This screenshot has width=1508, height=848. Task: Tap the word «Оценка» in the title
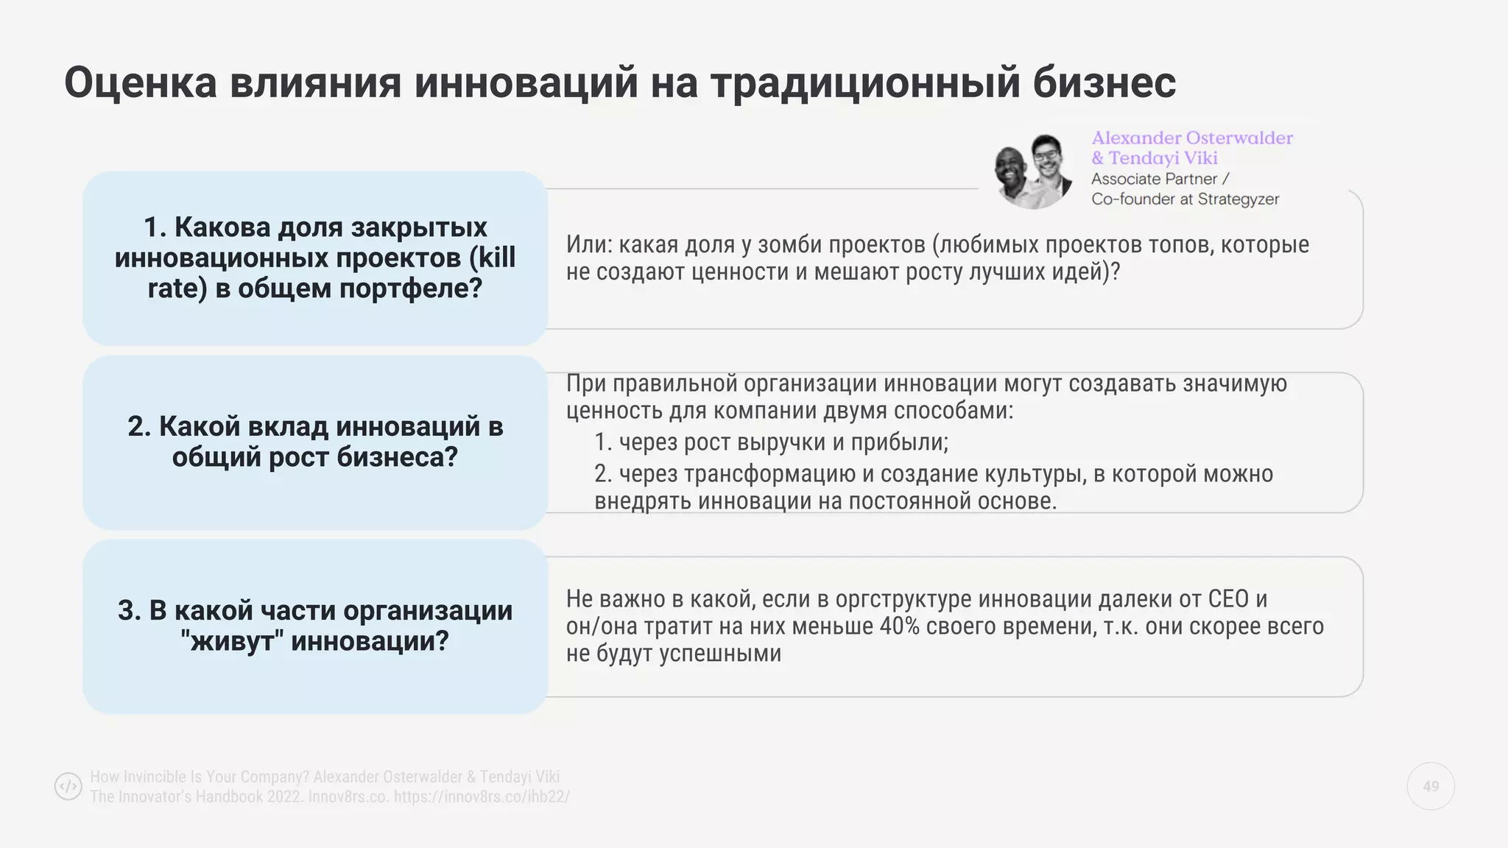point(140,82)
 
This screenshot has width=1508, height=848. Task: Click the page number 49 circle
point(1431,787)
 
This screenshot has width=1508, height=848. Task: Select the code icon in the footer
point(68,786)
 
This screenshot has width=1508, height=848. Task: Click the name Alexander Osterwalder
point(1191,138)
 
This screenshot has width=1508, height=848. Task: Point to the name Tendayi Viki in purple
point(1163,158)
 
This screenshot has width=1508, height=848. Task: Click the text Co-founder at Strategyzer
point(1185,199)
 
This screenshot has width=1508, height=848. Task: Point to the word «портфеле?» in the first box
point(410,288)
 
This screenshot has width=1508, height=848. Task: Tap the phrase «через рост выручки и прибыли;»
point(783,442)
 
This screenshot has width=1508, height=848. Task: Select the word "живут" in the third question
point(232,640)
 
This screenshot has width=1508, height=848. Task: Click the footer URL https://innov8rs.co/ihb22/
point(482,796)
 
